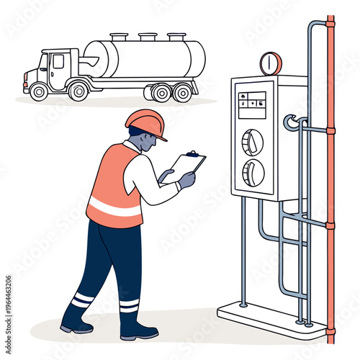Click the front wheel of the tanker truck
39,91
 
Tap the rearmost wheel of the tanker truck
184,92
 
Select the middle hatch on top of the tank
148,36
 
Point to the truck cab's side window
57,63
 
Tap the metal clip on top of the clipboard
192,153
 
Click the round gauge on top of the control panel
271,63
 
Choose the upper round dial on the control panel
252,142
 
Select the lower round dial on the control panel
253,173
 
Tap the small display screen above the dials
252,104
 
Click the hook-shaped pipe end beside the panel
290,123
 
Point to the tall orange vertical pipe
330,180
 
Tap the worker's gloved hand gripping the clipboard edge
186,179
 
